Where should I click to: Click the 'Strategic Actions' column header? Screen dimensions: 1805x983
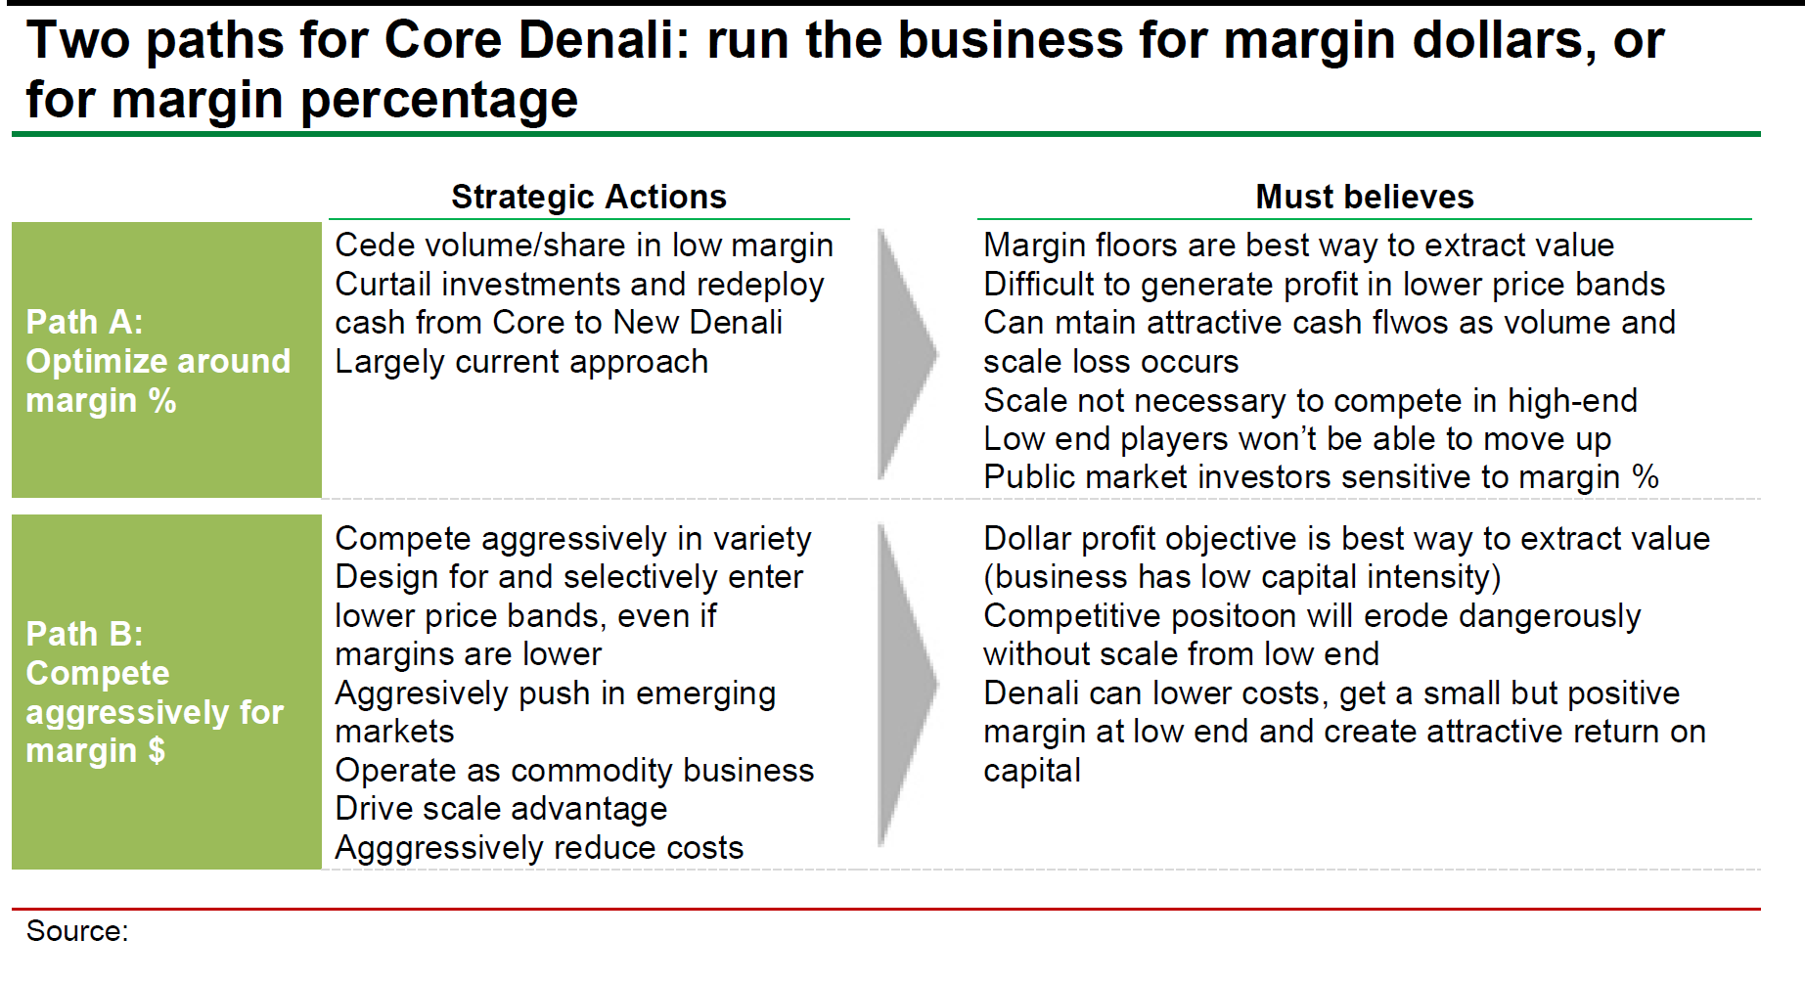click(589, 197)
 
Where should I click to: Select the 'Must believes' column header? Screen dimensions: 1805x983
click(1365, 197)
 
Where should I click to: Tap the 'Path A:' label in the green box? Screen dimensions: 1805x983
click(84, 322)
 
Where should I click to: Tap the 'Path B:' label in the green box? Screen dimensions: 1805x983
click(84, 634)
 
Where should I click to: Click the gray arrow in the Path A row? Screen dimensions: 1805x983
click(908, 354)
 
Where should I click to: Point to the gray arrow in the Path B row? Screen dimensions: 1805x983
click(908, 685)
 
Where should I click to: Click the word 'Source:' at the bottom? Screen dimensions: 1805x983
click(77, 931)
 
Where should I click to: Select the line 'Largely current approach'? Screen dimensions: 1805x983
click(521, 362)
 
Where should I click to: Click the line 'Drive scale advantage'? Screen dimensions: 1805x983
click(501, 809)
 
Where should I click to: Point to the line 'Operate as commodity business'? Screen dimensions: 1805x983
click(574, 771)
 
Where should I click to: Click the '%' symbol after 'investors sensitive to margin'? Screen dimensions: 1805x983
click(1646, 477)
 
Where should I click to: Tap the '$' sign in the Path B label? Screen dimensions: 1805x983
click(156, 751)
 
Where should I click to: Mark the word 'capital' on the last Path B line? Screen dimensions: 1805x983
click(1032, 771)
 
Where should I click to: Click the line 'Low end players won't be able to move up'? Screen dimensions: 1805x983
click(1297, 439)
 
